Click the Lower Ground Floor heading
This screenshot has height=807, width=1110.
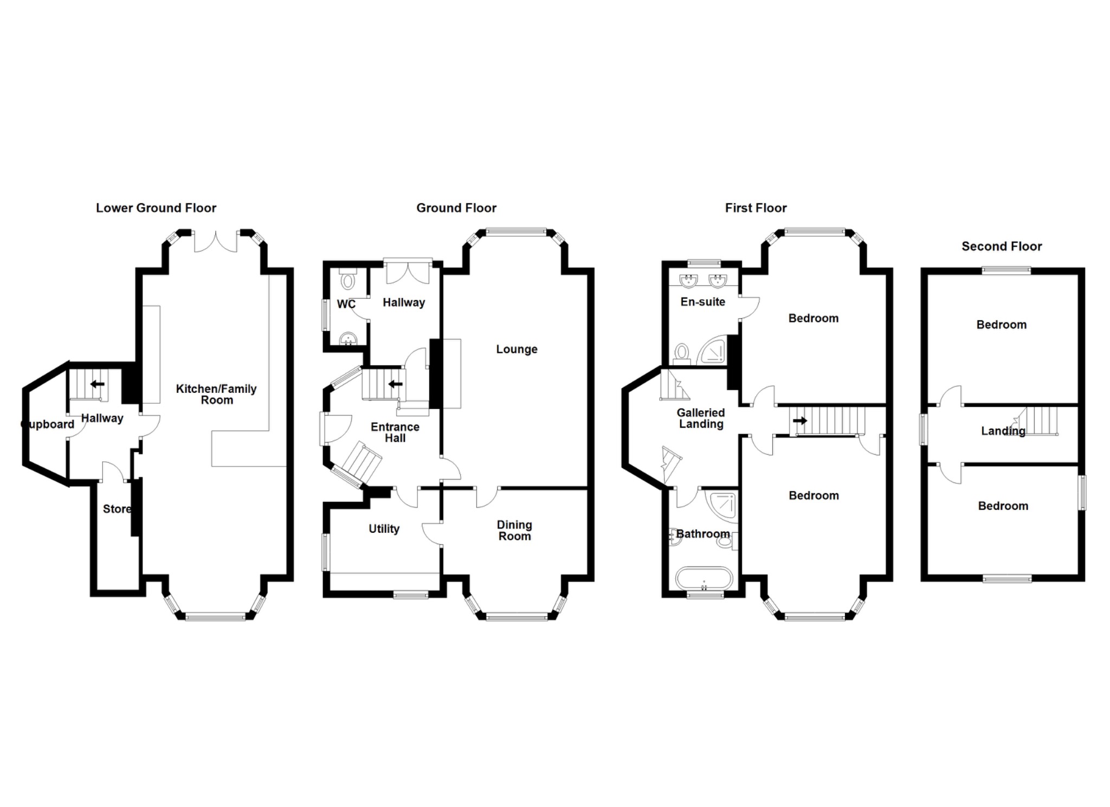156,208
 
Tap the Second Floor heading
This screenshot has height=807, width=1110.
1001,247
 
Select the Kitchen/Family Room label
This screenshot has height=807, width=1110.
216,395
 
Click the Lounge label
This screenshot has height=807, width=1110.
517,350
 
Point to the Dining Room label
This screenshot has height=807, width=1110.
514,531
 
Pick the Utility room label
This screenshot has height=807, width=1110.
384,529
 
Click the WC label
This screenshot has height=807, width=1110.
346,304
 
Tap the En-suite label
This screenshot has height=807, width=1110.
702,302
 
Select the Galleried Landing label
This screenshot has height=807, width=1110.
701,418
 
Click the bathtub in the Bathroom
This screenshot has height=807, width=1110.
704,579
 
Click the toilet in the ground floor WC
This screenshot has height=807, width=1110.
347,281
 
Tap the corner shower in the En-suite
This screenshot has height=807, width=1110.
713,351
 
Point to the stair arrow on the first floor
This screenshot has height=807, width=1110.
799,421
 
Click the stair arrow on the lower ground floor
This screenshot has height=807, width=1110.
98,384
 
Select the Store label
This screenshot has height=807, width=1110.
117,509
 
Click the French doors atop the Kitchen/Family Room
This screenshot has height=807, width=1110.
216,241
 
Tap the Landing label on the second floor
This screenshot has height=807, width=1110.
1003,431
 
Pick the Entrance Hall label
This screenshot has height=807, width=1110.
395,432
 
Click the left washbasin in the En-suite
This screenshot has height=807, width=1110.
689,281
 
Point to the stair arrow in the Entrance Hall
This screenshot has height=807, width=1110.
395,384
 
